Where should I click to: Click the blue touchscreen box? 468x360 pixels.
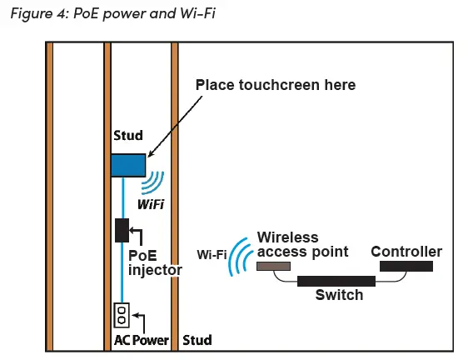[128, 165]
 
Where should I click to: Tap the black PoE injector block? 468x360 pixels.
[122, 229]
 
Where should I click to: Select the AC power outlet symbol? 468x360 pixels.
[122, 316]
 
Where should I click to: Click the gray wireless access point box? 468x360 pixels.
[273, 267]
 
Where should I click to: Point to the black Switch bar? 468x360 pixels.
[336, 282]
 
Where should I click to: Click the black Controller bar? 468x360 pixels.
[406, 267]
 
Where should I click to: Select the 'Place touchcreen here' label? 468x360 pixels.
[275, 85]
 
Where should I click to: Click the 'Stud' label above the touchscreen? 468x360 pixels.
[127, 135]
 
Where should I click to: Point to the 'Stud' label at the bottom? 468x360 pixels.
[197, 340]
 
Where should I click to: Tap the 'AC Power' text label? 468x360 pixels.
[141, 340]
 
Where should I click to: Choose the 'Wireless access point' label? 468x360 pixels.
[302, 244]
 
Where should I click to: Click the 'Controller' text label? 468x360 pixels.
[406, 252]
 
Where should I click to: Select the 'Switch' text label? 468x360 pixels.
[339, 295]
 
